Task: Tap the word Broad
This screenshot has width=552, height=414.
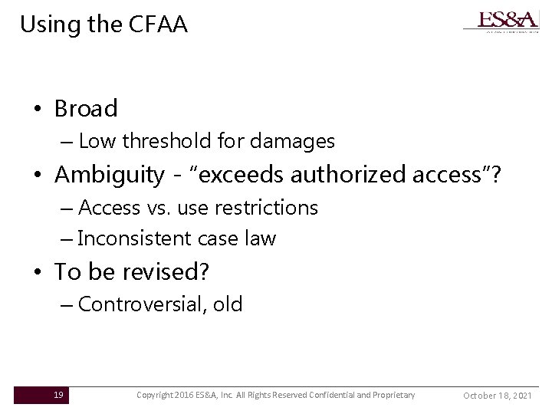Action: point(86,109)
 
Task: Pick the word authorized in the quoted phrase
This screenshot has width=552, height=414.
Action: point(365,176)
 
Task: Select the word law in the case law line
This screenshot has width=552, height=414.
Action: point(261,238)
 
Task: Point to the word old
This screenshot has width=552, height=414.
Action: point(228,304)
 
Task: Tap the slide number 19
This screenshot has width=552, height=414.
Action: point(58,395)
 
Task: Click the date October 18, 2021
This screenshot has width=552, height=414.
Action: point(498,395)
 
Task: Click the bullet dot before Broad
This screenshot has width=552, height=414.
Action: point(37,110)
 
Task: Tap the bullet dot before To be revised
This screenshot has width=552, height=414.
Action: point(37,273)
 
